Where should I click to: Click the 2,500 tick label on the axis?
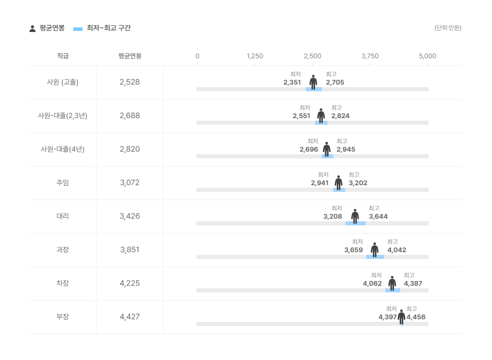[x=312, y=56]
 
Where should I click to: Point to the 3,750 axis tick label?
[x=370, y=56]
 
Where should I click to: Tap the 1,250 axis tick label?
[x=255, y=56]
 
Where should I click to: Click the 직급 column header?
[x=63, y=56]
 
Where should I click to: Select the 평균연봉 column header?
[x=129, y=56]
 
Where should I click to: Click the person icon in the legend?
[x=32, y=28]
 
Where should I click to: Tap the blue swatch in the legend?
[x=78, y=29]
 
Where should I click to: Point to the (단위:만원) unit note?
[x=448, y=28]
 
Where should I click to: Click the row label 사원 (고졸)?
[x=62, y=82]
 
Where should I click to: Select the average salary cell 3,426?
[x=129, y=216]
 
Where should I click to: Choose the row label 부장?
[x=62, y=317]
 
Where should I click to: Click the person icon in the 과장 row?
[x=374, y=250]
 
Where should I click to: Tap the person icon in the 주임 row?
[x=338, y=183]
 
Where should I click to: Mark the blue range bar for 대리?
[x=355, y=223]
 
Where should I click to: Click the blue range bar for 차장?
[x=392, y=291]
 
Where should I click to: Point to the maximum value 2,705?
[x=335, y=83]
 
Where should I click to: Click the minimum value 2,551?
[x=301, y=116]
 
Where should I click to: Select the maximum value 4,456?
[x=416, y=317]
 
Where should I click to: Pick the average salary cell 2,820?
[x=129, y=149]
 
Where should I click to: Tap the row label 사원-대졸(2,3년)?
[x=62, y=116]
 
